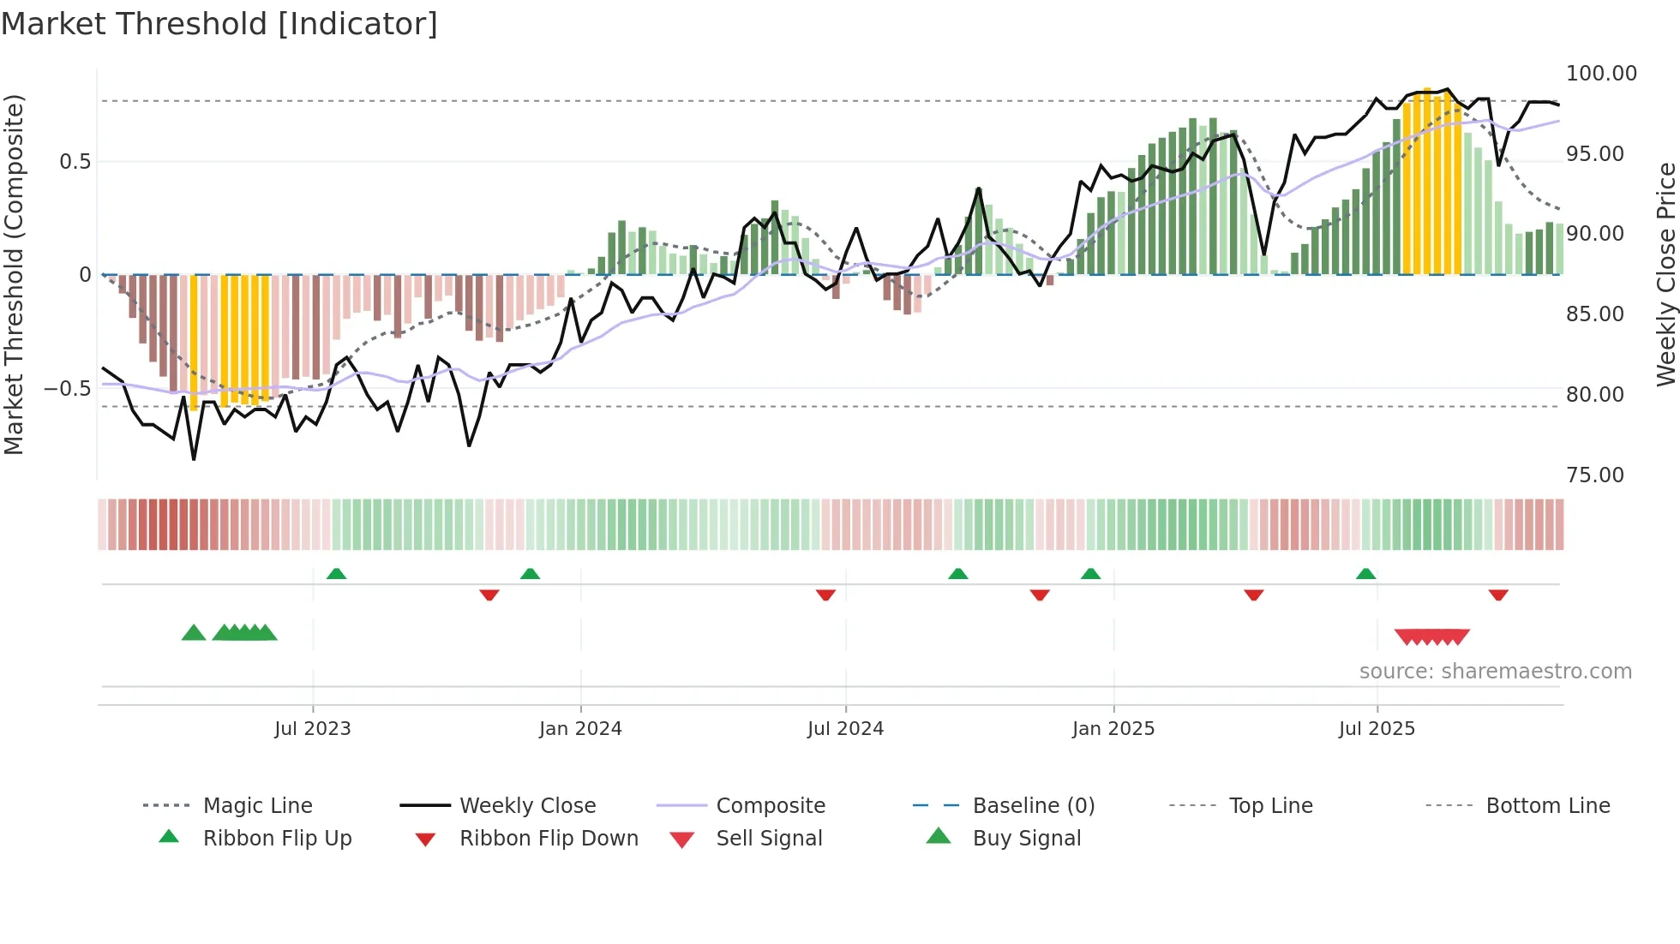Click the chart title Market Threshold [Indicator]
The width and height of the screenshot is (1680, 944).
pos(219,24)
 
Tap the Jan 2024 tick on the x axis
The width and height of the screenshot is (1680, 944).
pos(580,728)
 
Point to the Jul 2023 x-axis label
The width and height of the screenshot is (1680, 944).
pos(313,728)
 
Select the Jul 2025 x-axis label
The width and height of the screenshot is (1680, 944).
pos(1377,728)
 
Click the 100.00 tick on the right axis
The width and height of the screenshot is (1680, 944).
pos(1601,74)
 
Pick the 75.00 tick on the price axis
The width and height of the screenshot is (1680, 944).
pos(1594,475)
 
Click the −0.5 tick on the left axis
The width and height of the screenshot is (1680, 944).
pos(68,389)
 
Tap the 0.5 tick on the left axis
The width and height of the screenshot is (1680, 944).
pos(75,162)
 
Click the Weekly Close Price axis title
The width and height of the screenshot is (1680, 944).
pos(1665,274)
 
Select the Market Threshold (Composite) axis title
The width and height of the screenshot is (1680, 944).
pos(14,274)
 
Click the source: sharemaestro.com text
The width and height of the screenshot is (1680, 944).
pos(1495,671)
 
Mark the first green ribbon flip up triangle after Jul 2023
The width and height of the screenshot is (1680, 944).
pos(336,574)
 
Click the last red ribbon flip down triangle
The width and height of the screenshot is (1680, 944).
pos(1498,594)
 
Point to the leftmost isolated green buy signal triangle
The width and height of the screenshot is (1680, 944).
pos(194,633)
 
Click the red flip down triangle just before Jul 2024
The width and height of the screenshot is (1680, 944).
pos(825,594)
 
